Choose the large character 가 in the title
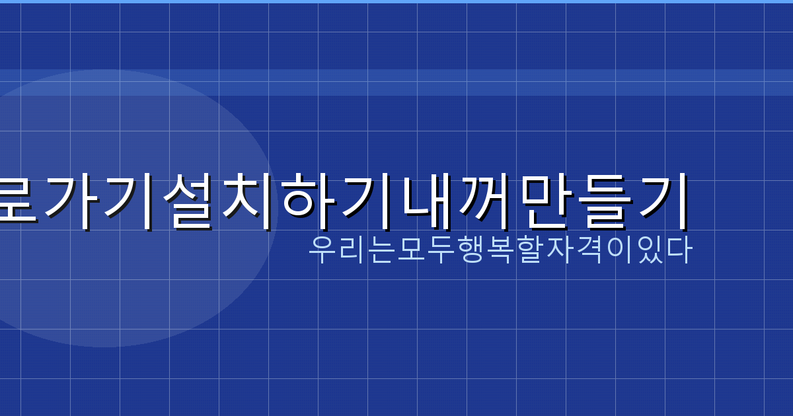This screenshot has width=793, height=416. pos(69,199)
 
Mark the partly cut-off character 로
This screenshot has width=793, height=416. pos(17,199)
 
